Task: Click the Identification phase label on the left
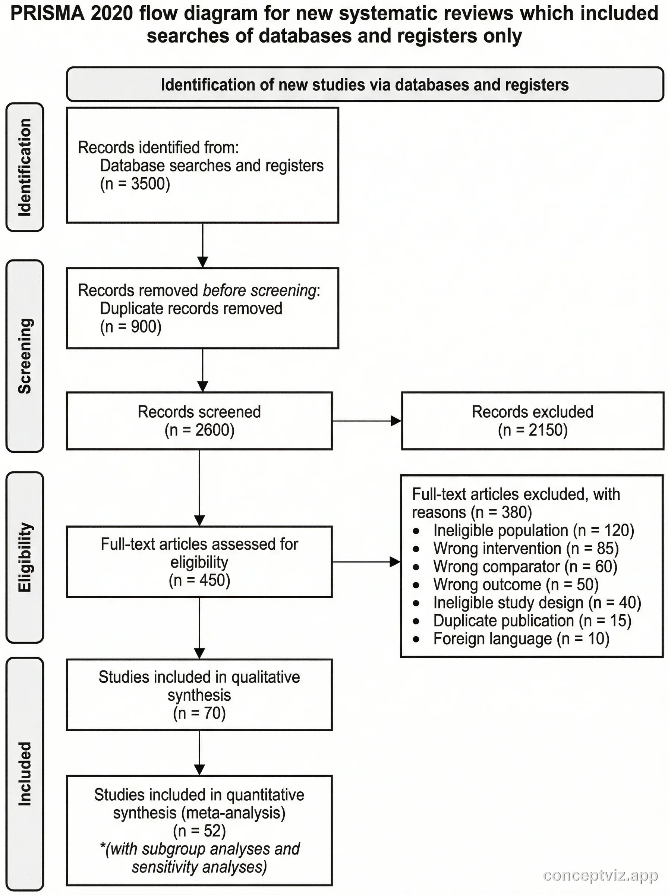[x=25, y=167]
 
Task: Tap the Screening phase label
[x=25, y=355]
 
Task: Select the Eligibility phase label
[x=25, y=557]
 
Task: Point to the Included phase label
[x=25, y=773]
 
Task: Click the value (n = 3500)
[x=135, y=183]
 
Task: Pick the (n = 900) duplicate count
[x=130, y=326]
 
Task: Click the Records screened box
[x=199, y=421]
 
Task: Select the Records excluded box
[x=532, y=421]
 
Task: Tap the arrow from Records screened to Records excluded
[x=366, y=421]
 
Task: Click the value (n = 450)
[x=199, y=580]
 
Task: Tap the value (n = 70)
[x=199, y=713]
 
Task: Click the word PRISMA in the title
[x=48, y=14]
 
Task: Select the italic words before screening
[x=259, y=291]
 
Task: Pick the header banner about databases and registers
[x=365, y=85]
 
